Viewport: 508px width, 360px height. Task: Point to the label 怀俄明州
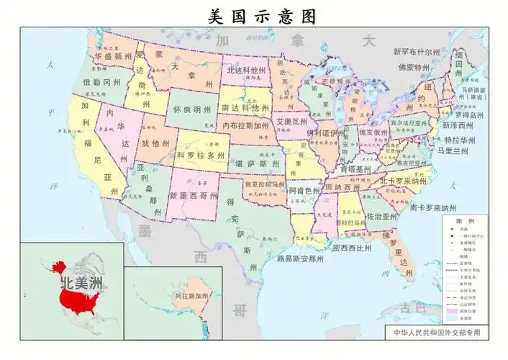[191, 110]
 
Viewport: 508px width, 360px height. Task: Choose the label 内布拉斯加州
[246, 125]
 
